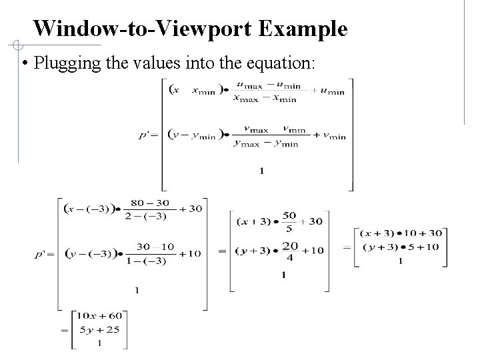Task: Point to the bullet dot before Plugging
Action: pyautogui.click(x=24, y=65)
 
